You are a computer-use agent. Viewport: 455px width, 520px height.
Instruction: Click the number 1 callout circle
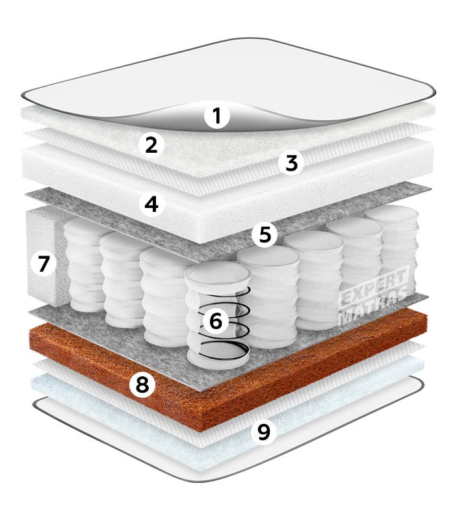click(217, 116)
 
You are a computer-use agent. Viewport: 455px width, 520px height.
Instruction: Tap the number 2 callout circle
click(151, 144)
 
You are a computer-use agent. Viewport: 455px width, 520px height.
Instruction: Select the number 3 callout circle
click(291, 163)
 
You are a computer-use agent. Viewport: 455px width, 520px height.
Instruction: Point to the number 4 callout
click(152, 203)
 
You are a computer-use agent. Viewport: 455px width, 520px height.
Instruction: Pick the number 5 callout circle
click(265, 234)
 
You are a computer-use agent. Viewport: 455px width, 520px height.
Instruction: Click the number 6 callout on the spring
click(216, 320)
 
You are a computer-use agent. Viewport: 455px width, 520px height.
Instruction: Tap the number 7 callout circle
click(44, 264)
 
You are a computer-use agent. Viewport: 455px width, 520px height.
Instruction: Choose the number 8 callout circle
click(142, 384)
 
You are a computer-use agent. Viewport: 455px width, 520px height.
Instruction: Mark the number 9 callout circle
click(264, 432)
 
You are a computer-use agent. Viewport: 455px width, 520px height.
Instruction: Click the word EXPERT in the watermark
click(374, 285)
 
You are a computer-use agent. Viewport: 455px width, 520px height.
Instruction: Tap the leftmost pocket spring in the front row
click(84, 265)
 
